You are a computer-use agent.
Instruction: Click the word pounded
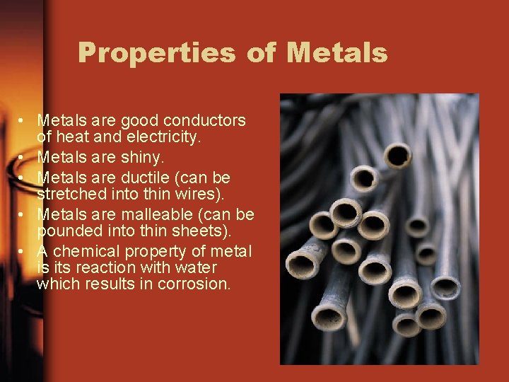64,231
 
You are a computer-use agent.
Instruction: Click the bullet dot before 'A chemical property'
23,253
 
